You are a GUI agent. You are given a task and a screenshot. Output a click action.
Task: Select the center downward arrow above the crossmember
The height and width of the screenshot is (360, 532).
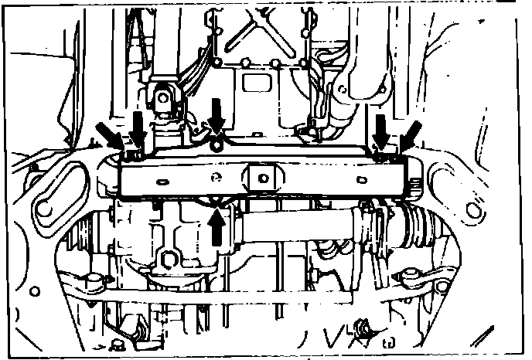point(217,116)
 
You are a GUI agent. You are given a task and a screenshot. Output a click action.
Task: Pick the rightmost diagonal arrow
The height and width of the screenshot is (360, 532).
point(410,134)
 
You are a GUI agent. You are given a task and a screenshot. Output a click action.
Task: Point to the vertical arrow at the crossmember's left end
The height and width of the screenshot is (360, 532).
point(138,129)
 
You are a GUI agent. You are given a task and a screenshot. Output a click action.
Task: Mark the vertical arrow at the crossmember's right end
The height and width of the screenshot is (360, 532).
point(380,129)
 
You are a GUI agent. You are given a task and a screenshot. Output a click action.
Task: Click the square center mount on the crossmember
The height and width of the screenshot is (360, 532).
point(262,178)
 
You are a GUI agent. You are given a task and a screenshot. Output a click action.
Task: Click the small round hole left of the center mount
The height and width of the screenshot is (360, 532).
point(217,178)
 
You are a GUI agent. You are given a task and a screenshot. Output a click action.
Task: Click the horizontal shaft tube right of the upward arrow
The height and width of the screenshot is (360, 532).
point(294,229)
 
